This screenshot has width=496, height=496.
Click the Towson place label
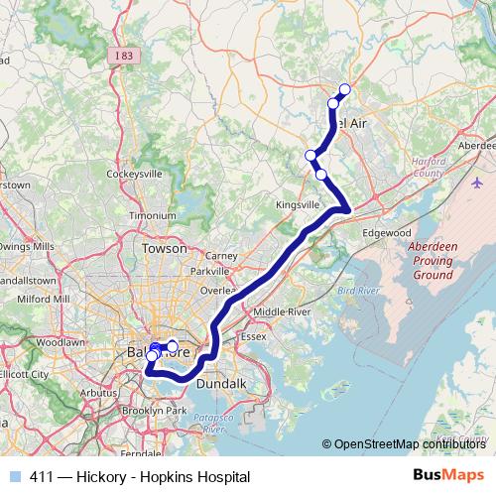click(x=164, y=248)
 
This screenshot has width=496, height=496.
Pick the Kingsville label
click(x=296, y=205)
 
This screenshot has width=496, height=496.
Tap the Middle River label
click(x=283, y=311)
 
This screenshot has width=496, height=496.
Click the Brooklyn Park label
click(x=154, y=410)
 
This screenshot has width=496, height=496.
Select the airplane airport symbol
click(x=477, y=184)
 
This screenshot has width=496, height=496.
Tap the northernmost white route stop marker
click(x=345, y=90)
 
